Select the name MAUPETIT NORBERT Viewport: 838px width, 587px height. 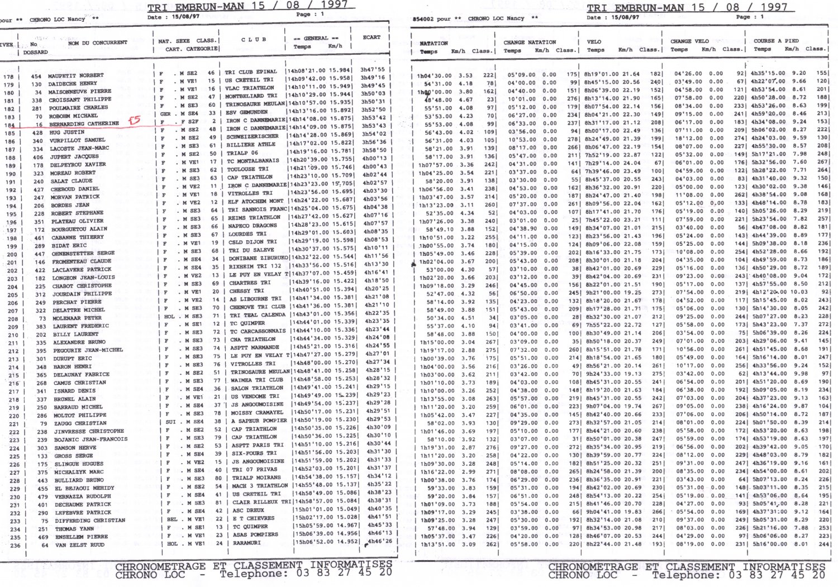tap(75, 75)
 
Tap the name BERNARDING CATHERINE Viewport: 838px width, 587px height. tap(84, 123)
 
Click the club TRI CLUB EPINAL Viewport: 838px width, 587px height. tap(251, 72)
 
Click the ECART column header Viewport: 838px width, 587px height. tap(372, 37)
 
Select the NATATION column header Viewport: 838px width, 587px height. tap(434, 43)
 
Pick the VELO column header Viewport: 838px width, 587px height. tap(594, 41)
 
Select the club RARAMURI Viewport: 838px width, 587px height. tap(246, 543)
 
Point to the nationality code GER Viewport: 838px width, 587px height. tap(165, 113)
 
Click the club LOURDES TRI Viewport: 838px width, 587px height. tap(247, 234)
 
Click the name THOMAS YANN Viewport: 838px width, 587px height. tap(74, 529)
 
